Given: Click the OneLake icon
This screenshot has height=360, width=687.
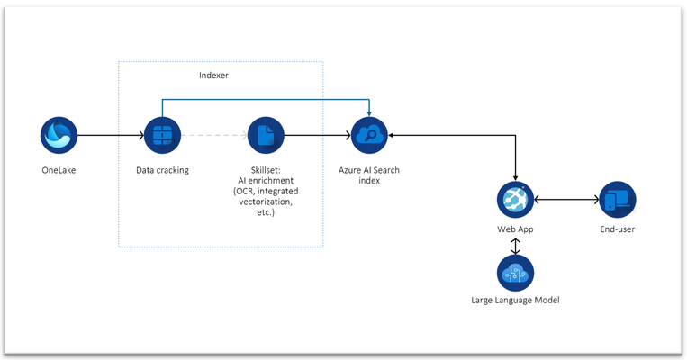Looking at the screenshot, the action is [59, 135].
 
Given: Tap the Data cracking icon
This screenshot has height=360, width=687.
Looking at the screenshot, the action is [163, 135].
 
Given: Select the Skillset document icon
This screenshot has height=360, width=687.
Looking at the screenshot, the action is [266, 135].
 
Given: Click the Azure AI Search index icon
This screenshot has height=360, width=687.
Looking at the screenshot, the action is [369, 135].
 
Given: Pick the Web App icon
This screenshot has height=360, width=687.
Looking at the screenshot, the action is [515, 200].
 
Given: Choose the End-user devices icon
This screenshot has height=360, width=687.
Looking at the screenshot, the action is [618, 200].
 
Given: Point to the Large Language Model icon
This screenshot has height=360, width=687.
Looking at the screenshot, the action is [515, 273].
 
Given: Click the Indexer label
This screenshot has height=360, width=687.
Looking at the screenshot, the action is [213, 76].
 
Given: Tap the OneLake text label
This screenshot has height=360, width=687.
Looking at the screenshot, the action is [59, 170].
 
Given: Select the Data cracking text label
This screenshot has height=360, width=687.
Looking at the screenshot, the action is [163, 170].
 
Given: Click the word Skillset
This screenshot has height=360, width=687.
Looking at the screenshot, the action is [266, 170].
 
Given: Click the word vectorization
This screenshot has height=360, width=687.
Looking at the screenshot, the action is [266, 202].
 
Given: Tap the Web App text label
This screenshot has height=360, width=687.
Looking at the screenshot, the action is [515, 229].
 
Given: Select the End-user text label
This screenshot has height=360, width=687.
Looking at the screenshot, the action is [618, 229].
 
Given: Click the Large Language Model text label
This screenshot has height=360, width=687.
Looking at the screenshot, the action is [515, 301].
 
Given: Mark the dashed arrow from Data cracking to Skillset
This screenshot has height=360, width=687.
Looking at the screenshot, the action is [214, 135].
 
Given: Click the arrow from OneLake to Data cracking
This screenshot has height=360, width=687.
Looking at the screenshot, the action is [111, 135].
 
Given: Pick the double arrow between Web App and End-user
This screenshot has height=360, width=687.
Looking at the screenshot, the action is [566, 200].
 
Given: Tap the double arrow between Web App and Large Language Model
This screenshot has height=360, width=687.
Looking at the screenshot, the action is [515, 246].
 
